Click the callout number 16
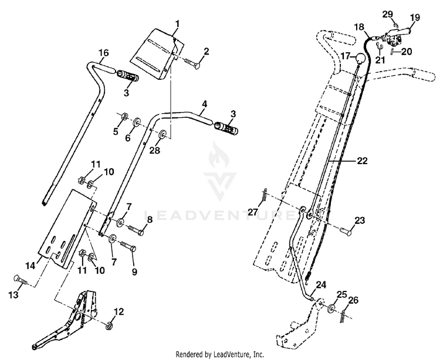pyautogui.click(x=103, y=53)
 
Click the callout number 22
pyautogui.click(x=362, y=161)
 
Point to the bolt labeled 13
pyautogui.click(x=21, y=280)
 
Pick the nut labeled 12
pyautogui.click(x=109, y=326)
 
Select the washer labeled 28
pyautogui.click(x=163, y=134)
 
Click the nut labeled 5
pyautogui.click(x=124, y=116)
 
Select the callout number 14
pyautogui.click(x=31, y=266)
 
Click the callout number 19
pyautogui.click(x=415, y=18)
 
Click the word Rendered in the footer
pyautogui.click(x=187, y=354)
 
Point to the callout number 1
pyautogui.click(x=177, y=24)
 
